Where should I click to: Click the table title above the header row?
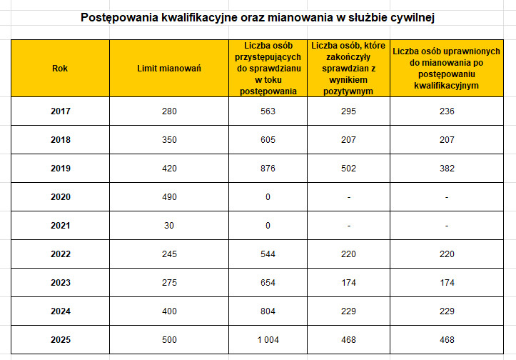257,16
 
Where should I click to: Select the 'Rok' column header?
60,69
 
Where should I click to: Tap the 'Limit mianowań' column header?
169,69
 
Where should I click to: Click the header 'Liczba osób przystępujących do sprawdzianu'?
268,69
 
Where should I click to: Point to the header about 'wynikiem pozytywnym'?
348,69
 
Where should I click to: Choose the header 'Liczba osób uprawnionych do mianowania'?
446,69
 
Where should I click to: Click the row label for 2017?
61,111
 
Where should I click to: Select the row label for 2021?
61,225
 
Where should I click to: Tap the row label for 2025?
61,339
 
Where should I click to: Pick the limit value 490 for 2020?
169,196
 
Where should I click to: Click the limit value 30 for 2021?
169,225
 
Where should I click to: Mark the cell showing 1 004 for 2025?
268,339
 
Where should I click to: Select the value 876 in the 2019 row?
268,168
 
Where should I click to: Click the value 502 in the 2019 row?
348,168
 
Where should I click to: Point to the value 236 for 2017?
446,111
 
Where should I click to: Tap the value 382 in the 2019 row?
446,168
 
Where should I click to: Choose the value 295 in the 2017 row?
348,111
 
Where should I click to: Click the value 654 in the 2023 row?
268,282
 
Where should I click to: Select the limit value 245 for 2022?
169,254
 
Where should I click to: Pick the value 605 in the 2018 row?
268,139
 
